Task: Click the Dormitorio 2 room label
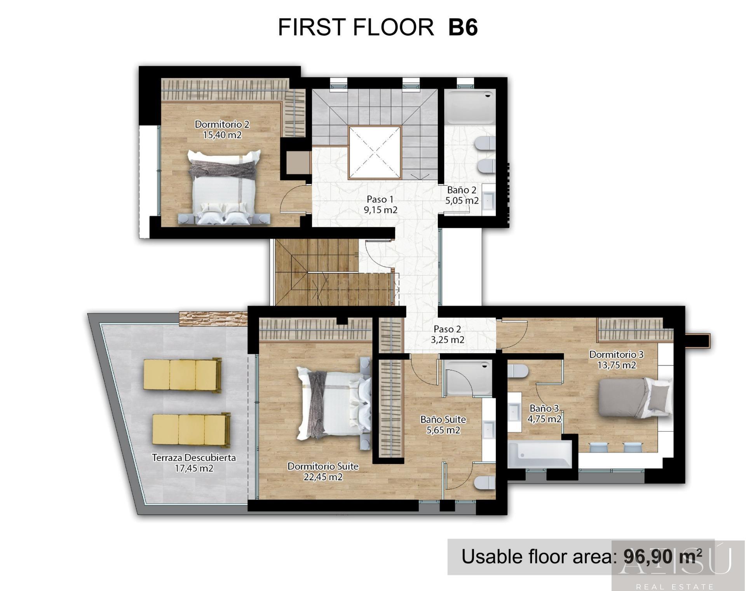click(x=222, y=124)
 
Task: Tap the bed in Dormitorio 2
click(x=224, y=187)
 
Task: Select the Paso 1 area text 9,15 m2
click(x=380, y=210)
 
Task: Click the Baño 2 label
click(x=462, y=190)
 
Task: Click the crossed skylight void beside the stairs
click(x=375, y=153)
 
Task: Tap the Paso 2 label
click(x=447, y=329)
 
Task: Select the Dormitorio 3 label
click(x=616, y=354)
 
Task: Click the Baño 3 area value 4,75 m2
click(x=544, y=419)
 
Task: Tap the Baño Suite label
click(x=443, y=420)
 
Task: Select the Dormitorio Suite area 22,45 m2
click(x=323, y=477)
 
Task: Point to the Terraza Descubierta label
click(x=193, y=458)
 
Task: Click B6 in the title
click(x=463, y=28)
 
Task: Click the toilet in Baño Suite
click(x=484, y=483)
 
